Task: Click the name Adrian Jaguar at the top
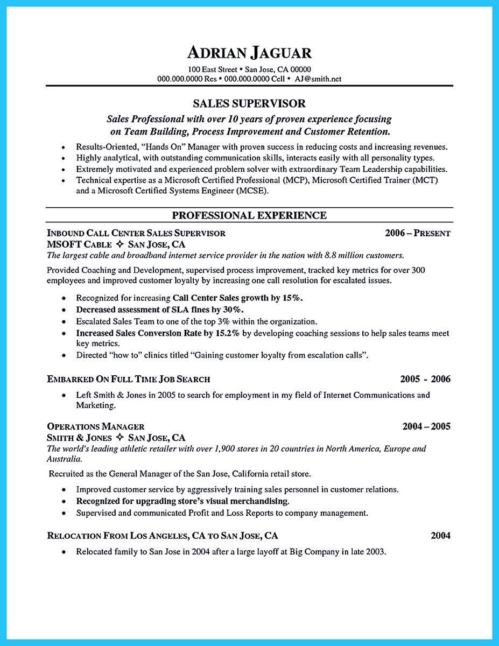[x=249, y=53]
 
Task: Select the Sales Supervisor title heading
[x=249, y=103]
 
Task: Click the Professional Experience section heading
[x=249, y=215]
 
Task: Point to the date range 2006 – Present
[x=418, y=233]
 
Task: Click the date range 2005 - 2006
[x=425, y=379]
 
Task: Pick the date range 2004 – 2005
[x=426, y=426]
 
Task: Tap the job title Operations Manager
[x=96, y=426]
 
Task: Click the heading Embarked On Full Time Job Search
[x=129, y=379]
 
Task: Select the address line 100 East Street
[x=213, y=69]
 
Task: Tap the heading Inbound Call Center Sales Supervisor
[x=136, y=233]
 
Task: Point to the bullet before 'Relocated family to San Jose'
[x=65, y=552]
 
